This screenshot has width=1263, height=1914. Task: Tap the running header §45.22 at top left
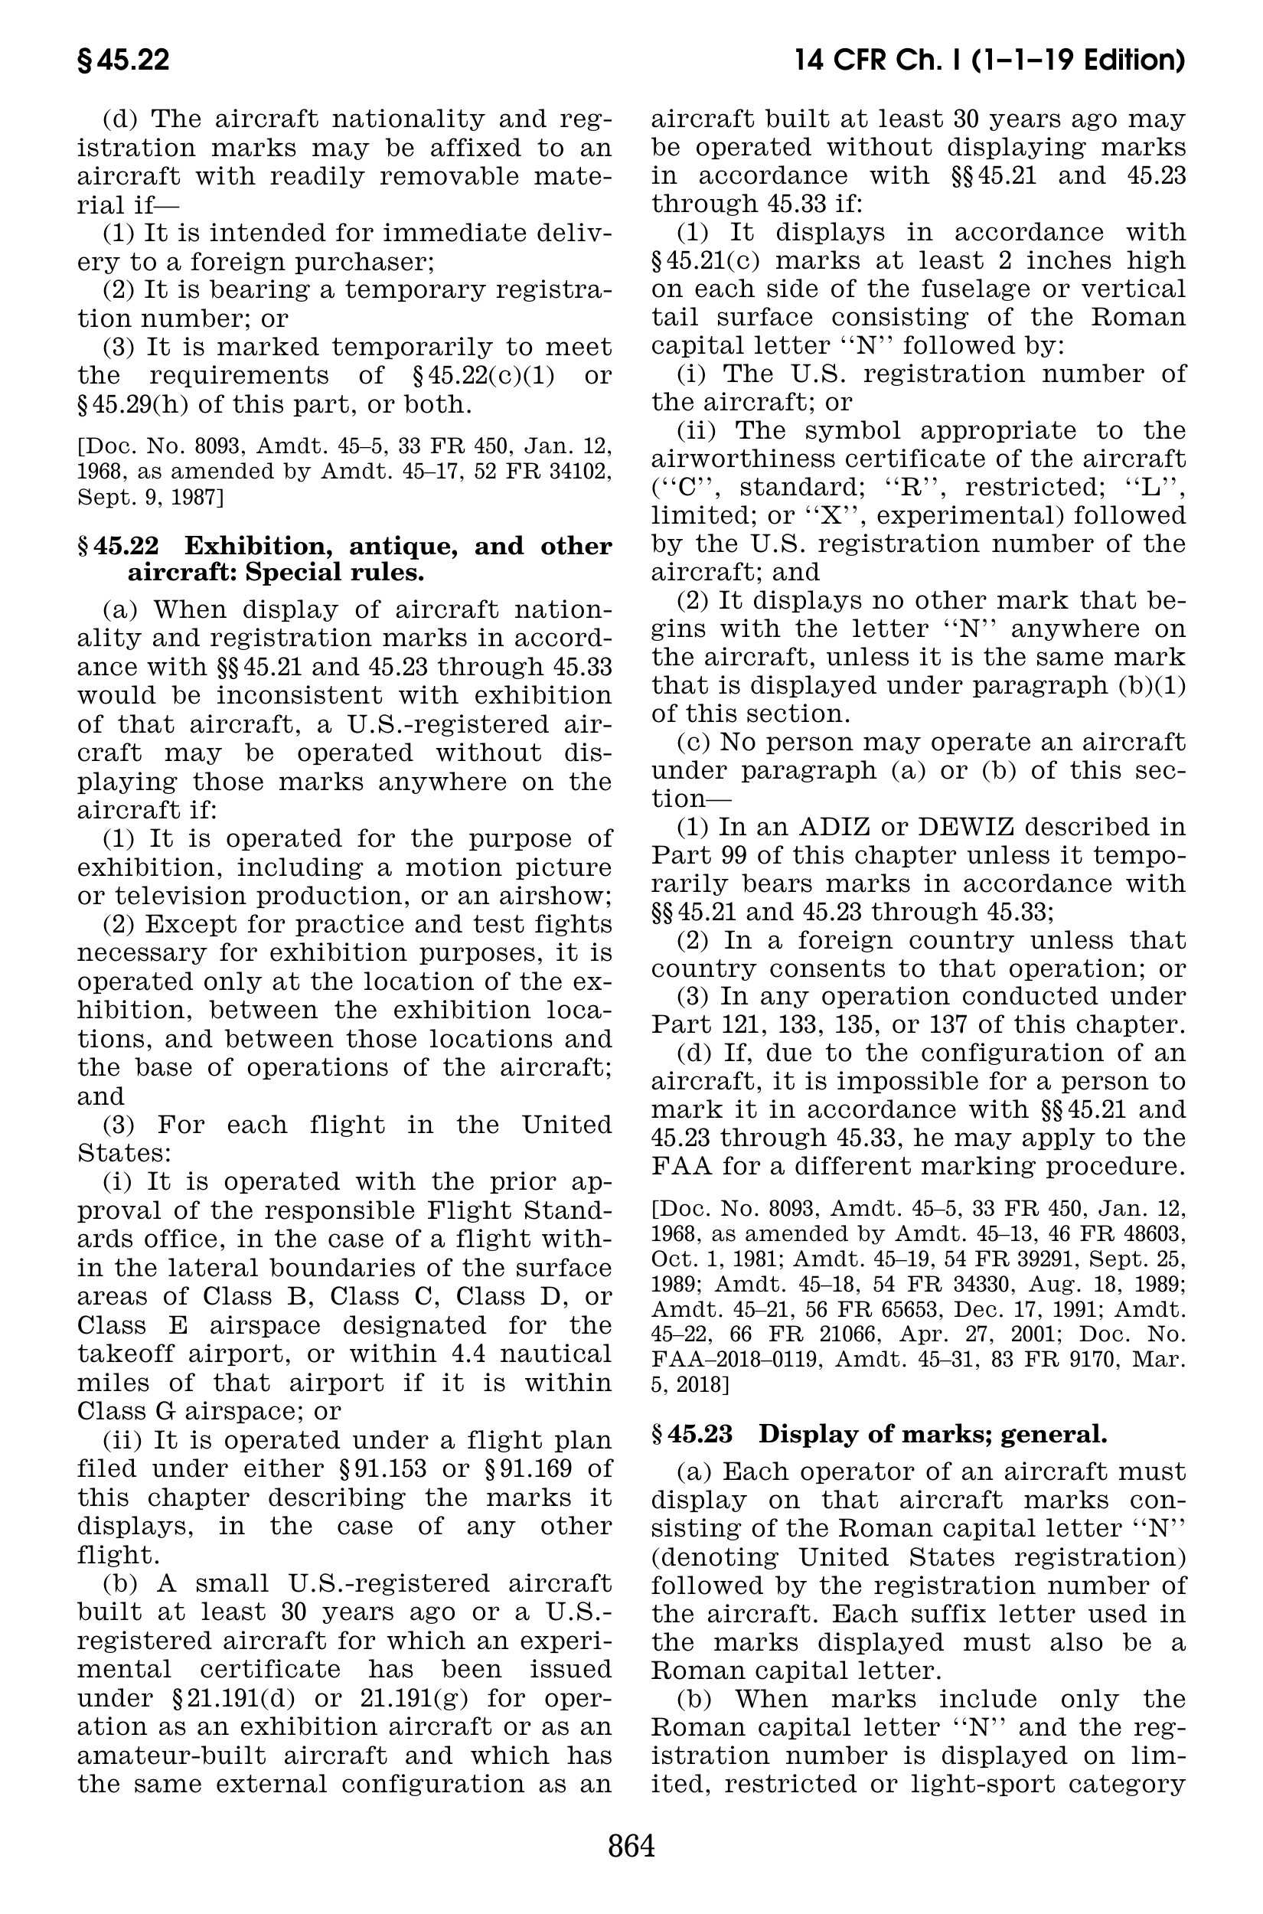tap(123, 60)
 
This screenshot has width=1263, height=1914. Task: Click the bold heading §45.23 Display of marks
tap(878, 1434)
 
